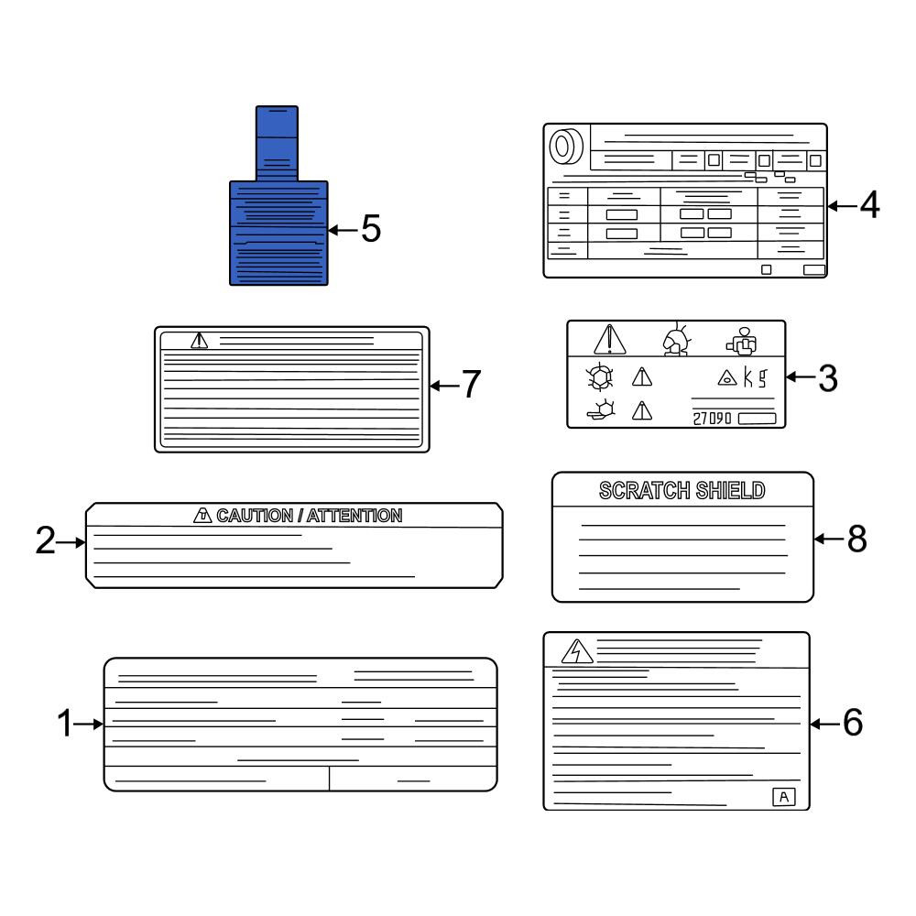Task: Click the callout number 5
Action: tap(371, 228)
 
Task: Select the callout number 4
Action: tap(869, 205)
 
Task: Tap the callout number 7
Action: tap(471, 384)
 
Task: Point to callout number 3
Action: tap(828, 378)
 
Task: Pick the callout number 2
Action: tap(46, 540)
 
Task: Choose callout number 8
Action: tap(857, 539)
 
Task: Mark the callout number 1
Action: tap(64, 724)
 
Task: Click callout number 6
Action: tap(852, 723)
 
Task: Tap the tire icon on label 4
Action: tap(566, 146)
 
